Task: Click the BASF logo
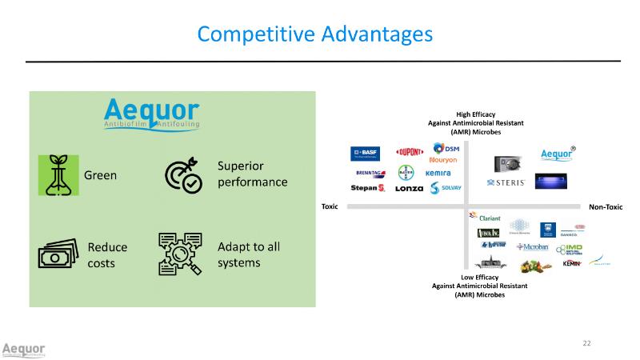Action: point(365,152)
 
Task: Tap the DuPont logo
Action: point(410,153)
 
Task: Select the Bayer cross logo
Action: point(405,173)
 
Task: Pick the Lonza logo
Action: point(409,189)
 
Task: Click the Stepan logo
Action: point(368,189)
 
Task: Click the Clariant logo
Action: point(486,217)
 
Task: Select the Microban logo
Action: point(533,247)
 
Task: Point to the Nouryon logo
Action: point(443,159)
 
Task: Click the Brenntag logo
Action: point(369,172)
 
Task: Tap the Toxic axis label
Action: point(330,206)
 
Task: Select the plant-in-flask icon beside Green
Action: point(58,175)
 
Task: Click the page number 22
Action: point(586,343)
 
